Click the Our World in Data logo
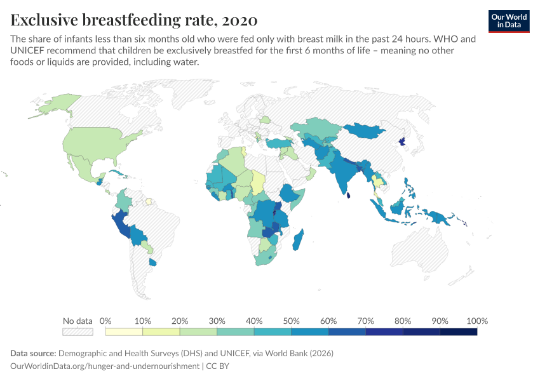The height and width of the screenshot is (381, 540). point(509,21)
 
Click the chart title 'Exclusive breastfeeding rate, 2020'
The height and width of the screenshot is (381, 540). point(134,20)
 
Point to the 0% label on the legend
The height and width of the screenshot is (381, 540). point(105,321)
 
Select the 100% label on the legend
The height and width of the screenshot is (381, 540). point(476,321)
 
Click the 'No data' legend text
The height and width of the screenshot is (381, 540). point(78,321)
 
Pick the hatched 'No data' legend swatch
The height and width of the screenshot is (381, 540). point(78,331)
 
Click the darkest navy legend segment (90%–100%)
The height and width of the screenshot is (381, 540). point(458,331)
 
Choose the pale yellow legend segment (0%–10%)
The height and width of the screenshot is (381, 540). point(124,331)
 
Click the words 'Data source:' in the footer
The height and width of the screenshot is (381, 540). point(33,353)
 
